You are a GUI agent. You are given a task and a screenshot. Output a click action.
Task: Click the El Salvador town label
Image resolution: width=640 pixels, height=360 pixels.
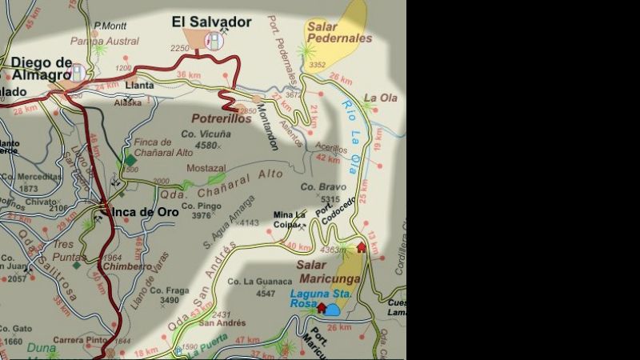point(212,22)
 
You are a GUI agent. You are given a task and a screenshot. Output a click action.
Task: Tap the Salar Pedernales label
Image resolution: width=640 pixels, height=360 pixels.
point(339,31)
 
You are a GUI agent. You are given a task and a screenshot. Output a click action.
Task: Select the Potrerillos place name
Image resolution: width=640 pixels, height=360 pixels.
point(222,118)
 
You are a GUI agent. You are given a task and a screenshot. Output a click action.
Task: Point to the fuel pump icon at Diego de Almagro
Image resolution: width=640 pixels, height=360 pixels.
point(78,73)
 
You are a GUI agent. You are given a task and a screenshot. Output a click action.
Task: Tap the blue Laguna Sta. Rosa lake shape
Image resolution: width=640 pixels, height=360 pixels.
point(332,309)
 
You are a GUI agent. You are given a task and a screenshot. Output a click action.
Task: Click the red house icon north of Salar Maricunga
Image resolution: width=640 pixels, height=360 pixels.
point(361,247)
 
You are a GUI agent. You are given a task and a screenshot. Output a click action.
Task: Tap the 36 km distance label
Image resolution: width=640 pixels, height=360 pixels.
point(188,75)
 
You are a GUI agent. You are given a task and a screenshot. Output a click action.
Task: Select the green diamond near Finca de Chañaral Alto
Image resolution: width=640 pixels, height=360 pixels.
point(130,160)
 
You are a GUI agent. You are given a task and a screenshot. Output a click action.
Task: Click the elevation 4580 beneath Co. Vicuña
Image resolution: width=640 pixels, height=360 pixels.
point(206,146)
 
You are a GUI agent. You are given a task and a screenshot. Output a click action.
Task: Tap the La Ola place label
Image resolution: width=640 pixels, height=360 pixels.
point(381,98)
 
